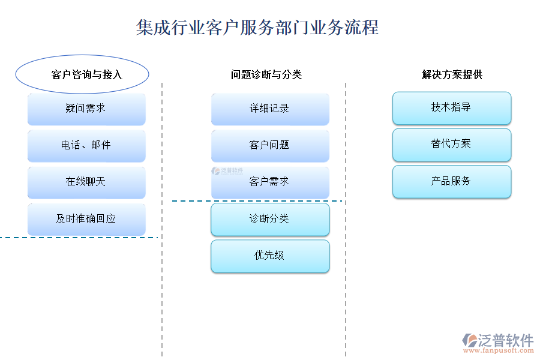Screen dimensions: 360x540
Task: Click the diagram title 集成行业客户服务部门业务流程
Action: [x=257, y=28]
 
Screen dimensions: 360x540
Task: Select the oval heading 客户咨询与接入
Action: [x=82, y=74]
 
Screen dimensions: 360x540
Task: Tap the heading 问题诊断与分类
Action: [x=266, y=74]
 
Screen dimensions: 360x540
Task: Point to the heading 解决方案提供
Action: [x=452, y=74]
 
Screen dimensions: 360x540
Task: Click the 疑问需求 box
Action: [x=86, y=109]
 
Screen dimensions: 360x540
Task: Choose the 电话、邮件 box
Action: [x=86, y=145]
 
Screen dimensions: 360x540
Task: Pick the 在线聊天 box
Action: [x=86, y=182]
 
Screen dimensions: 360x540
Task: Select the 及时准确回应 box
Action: [x=86, y=219]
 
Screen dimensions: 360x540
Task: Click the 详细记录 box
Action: [x=270, y=109]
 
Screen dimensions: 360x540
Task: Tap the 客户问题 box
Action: [x=270, y=145]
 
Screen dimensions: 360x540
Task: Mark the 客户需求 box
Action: [x=270, y=182]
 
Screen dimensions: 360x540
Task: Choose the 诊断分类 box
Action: [x=270, y=219]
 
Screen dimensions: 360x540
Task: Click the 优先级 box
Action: [x=270, y=256]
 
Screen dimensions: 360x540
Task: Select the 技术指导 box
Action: [x=452, y=108]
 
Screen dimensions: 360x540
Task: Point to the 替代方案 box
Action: [x=452, y=145]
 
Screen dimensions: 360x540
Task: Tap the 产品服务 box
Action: [x=452, y=181]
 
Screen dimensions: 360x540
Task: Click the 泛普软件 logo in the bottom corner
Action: [x=498, y=340]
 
